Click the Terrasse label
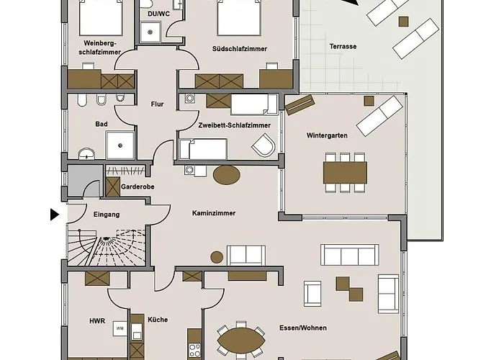pos(343,46)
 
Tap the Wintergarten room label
pos(327,135)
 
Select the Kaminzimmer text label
pos(214,213)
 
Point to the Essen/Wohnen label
pos(303,328)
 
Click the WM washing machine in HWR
pos(120,328)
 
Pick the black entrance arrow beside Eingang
pos(55,215)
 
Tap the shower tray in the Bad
pos(120,145)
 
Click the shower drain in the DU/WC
pos(150,32)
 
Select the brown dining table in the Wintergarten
pos(345,173)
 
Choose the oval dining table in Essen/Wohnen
pos(241,341)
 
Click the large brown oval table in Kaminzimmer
pos(227,175)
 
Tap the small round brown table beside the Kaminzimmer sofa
pos(217,257)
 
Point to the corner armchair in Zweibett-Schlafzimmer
pos(264,145)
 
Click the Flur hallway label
pos(157,104)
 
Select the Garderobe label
pos(138,186)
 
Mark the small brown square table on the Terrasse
pos(404,22)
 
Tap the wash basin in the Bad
pos(86,153)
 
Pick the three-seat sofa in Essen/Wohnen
pos(350,255)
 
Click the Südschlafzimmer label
pos(240,49)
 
